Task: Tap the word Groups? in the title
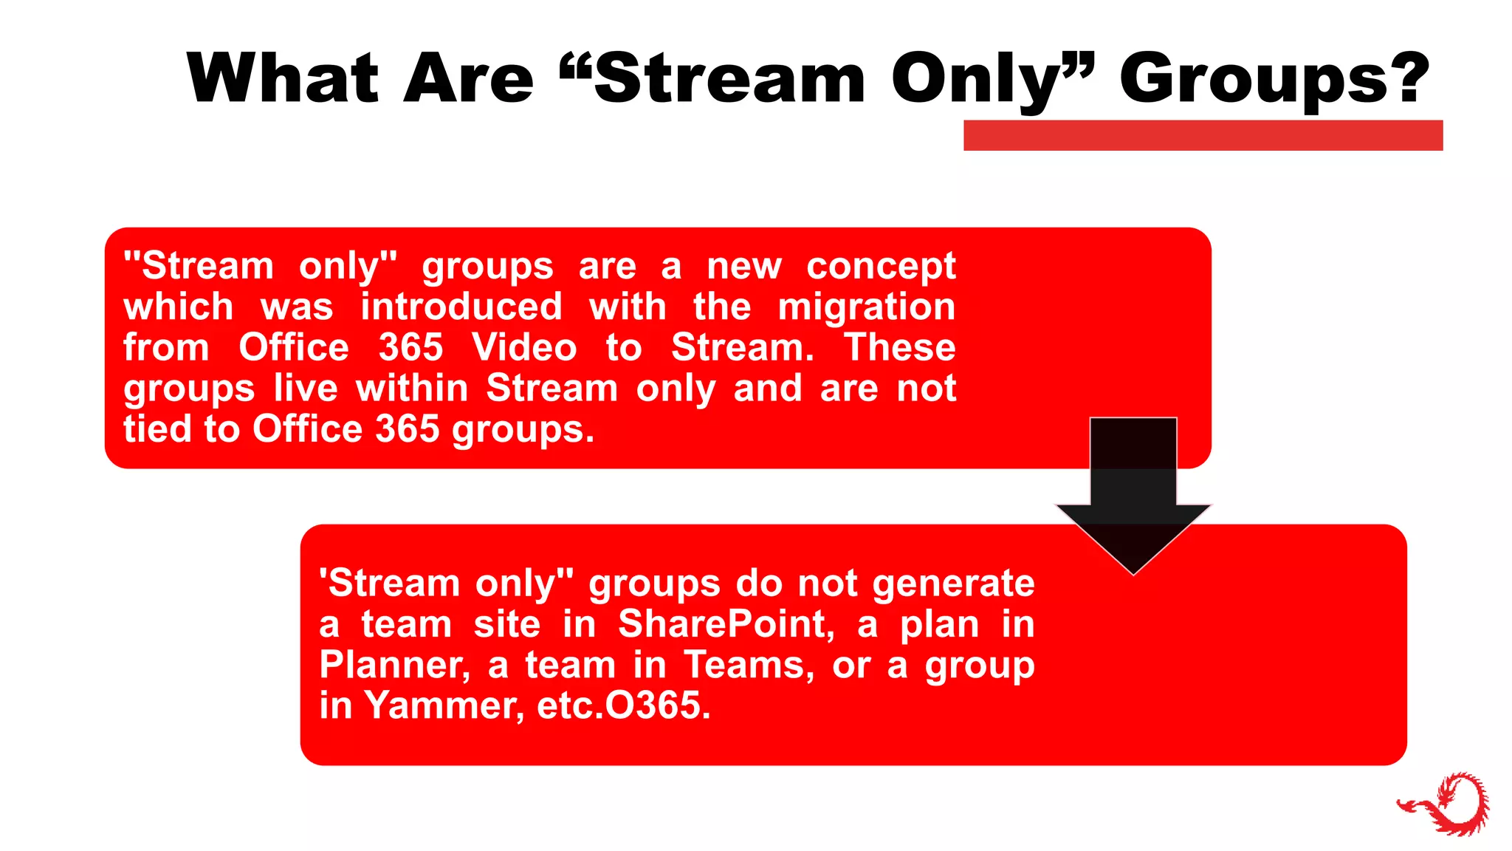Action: tap(1274, 80)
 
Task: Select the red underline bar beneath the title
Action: tap(1203, 135)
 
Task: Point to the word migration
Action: tap(866, 307)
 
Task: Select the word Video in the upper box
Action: tap(524, 348)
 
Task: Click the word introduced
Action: tap(461, 307)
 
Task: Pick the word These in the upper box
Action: tap(899, 348)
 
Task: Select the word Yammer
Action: tap(444, 705)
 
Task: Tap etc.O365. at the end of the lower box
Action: tap(624, 705)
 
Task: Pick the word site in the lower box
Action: tap(506, 624)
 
